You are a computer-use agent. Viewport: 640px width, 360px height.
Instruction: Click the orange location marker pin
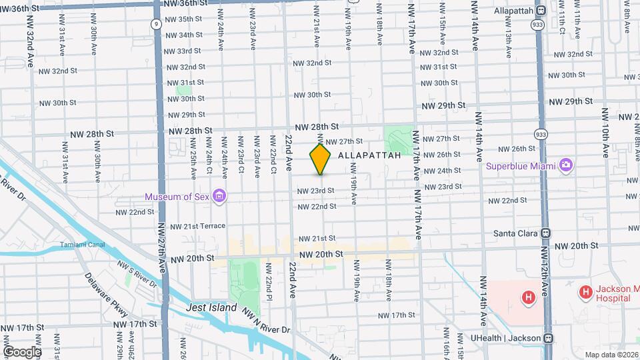click(x=321, y=159)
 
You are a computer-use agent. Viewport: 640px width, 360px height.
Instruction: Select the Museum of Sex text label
click(x=177, y=196)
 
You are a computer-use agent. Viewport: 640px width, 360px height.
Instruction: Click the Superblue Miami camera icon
click(x=566, y=165)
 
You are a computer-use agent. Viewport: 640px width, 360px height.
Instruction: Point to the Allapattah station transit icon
click(x=541, y=10)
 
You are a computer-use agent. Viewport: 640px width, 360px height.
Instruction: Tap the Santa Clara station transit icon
click(x=546, y=233)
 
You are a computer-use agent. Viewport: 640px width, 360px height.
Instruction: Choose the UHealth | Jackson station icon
click(x=547, y=338)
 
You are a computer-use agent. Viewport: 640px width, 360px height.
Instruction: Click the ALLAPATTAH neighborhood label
click(x=370, y=155)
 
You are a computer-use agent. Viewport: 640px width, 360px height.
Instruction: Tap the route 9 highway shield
click(x=155, y=23)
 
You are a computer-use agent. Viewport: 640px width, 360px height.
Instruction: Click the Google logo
click(x=22, y=351)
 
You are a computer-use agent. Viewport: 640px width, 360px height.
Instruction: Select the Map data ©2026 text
click(x=611, y=355)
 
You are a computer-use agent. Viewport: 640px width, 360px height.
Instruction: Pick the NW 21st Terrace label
click(x=197, y=226)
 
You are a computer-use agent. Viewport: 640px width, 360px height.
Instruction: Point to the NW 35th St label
click(x=183, y=19)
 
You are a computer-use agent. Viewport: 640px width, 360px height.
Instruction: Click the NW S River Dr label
click(x=137, y=273)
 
